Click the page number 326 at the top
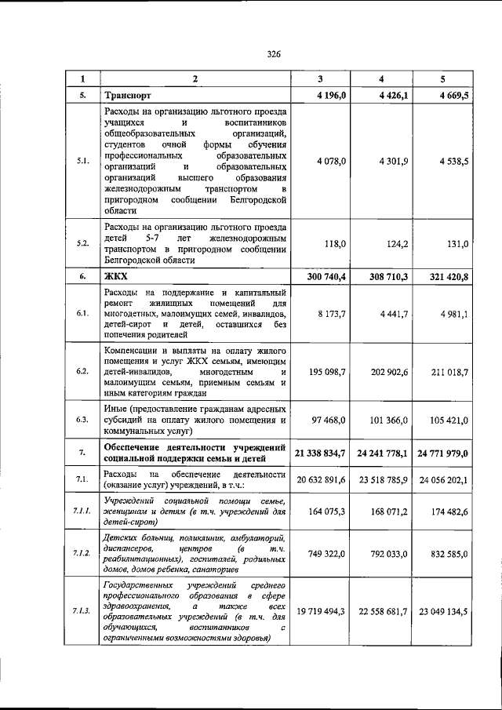coord(273,54)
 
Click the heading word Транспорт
coord(129,96)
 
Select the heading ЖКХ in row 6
coord(116,277)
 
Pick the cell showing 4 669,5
coord(453,96)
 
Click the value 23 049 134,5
coord(443,610)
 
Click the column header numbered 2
coord(195,78)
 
